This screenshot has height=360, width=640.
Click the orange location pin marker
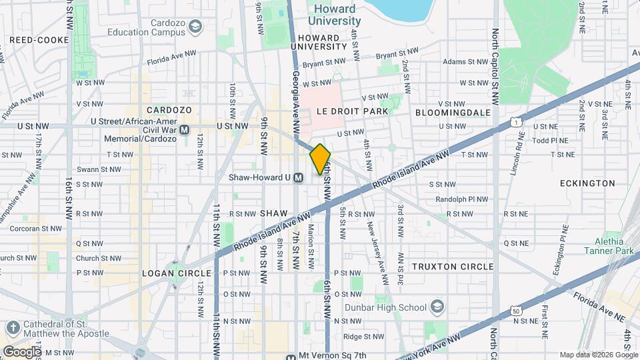click(x=320, y=159)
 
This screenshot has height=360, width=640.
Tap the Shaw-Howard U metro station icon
click(x=299, y=178)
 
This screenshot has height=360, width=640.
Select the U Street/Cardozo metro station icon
click(x=185, y=130)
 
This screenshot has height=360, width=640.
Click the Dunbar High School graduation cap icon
click(x=437, y=307)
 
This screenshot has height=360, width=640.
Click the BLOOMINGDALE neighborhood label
click(x=453, y=113)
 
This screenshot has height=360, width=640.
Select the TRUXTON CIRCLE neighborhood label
click(x=453, y=267)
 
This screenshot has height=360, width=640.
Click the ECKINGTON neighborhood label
click(x=587, y=183)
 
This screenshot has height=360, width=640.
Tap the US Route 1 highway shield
click(x=515, y=122)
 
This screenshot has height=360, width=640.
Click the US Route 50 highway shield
click(x=515, y=310)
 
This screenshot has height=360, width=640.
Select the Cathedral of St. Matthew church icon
click(x=12, y=327)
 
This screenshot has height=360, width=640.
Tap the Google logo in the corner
click(x=21, y=351)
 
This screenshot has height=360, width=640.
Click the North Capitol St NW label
click(x=495, y=67)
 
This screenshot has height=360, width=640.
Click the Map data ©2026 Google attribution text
click(x=598, y=355)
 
